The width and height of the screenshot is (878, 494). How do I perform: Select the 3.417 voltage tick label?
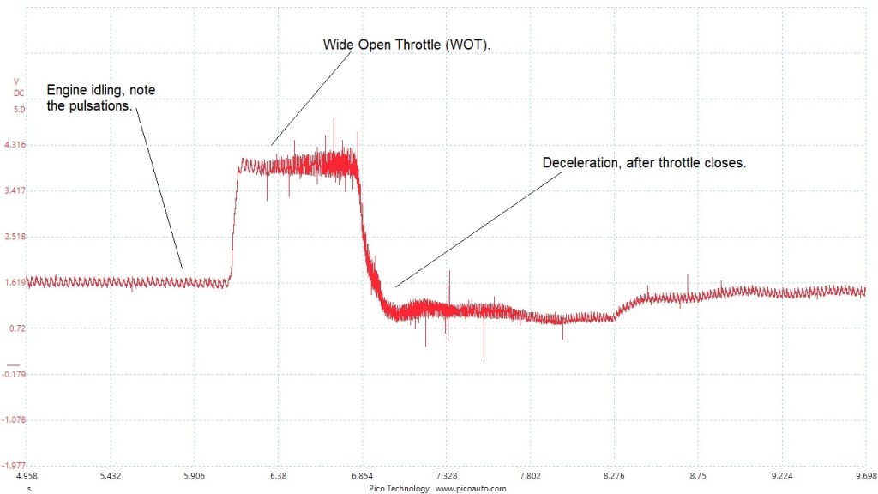(x=15, y=190)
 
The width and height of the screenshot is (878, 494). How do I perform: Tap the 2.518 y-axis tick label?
(x=15, y=236)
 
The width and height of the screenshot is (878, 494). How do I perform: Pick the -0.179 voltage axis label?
(x=15, y=374)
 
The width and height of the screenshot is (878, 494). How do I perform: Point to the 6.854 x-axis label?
(x=363, y=476)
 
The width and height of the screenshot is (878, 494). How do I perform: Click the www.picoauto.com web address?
(x=471, y=488)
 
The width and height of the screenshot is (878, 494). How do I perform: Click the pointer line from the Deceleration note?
(x=480, y=226)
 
